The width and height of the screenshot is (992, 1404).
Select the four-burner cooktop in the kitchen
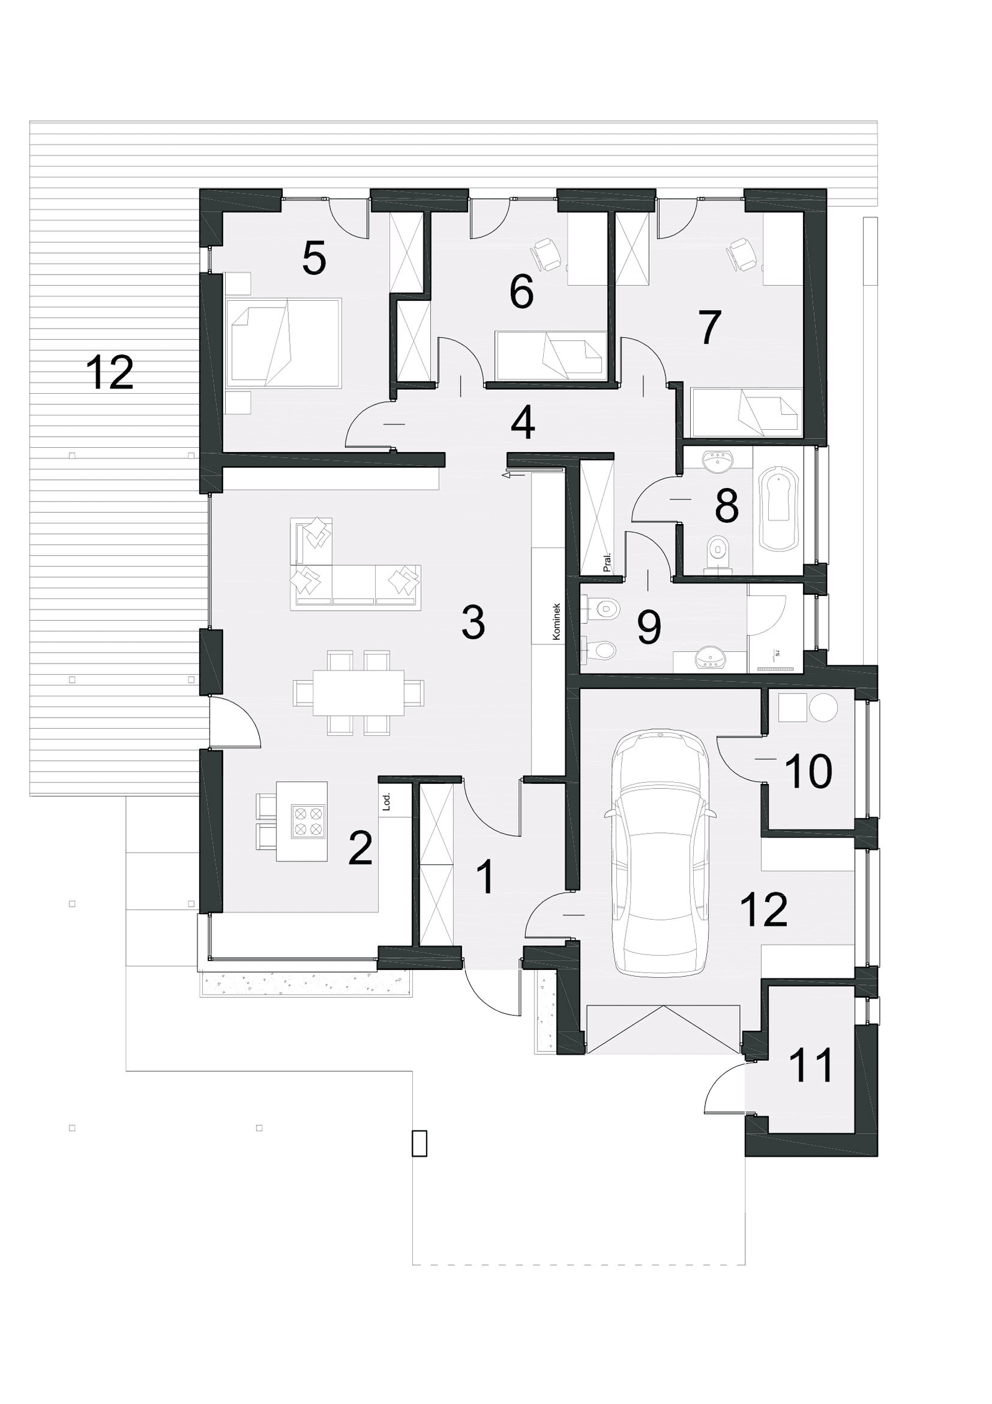[308, 820]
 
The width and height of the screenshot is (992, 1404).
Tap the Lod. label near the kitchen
[387, 803]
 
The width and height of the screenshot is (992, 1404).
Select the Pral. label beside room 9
[607, 562]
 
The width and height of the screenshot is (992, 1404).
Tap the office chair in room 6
[546, 254]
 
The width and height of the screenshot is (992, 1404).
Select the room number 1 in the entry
[486, 877]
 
